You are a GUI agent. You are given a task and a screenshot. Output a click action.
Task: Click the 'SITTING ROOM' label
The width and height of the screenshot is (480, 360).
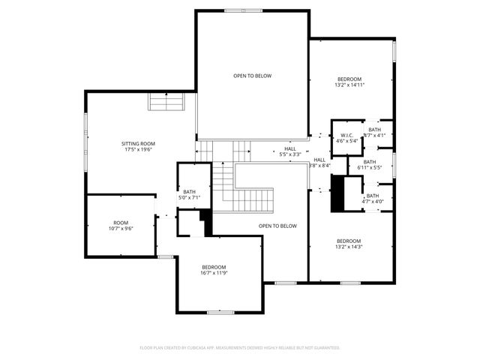(x=138, y=143)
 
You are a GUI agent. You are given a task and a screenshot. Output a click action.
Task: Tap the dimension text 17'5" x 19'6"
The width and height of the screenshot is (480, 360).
(x=138, y=149)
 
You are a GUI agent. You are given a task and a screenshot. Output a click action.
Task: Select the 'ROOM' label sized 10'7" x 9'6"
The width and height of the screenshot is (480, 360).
(x=121, y=223)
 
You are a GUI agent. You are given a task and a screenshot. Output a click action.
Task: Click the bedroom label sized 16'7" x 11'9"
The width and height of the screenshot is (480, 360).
(x=213, y=268)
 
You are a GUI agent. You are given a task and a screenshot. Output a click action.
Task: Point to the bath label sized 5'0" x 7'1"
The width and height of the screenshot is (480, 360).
(x=189, y=192)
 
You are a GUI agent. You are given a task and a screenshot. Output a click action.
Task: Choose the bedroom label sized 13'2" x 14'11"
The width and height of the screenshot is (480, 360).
(x=349, y=79)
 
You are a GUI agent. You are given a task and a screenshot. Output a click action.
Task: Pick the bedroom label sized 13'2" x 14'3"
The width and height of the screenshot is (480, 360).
(x=349, y=241)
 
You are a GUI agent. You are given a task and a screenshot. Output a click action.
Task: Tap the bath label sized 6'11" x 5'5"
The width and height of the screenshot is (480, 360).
(x=370, y=162)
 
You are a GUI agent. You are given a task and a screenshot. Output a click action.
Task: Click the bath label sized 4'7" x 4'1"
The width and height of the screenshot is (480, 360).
(x=373, y=129)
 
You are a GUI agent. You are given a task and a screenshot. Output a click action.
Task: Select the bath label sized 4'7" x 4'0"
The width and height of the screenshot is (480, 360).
(x=373, y=196)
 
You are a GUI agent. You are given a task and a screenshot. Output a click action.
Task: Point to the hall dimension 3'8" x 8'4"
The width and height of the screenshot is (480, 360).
(x=319, y=166)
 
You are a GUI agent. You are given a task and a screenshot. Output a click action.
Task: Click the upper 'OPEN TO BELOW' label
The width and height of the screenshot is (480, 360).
(x=252, y=76)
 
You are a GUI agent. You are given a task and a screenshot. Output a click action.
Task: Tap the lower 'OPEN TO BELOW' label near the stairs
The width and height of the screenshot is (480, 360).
(x=277, y=226)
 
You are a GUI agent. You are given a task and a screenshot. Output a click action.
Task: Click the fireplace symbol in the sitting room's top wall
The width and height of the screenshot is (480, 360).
(x=166, y=103)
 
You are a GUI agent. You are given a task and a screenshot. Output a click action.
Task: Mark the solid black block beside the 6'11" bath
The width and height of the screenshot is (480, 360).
(x=337, y=193)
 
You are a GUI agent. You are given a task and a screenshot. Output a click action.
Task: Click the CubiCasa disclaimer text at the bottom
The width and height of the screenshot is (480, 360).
(x=240, y=348)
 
